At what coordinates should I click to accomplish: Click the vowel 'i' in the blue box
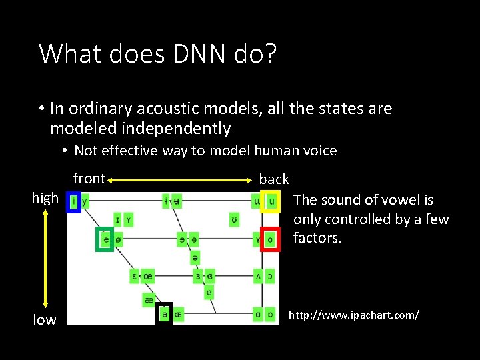pos(74,200)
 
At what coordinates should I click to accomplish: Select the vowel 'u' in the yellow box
pos(271,200)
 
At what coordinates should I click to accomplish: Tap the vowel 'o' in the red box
pos(270,239)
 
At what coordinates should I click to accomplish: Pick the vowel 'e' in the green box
pos(105,239)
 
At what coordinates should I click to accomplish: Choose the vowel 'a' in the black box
pos(165,313)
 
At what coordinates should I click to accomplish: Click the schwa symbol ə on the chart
pos(194,257)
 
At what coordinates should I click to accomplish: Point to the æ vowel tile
pos(149,301)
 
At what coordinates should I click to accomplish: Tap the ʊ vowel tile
pos(234,219)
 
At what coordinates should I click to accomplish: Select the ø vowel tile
pos(119,239)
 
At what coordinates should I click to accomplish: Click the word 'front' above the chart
pos(89,178)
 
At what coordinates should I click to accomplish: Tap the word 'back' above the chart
pos(274,179)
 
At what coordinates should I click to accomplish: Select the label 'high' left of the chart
pos(45,198)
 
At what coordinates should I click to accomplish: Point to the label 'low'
pos(45,320)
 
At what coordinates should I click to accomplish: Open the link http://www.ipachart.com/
pos(353,314)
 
